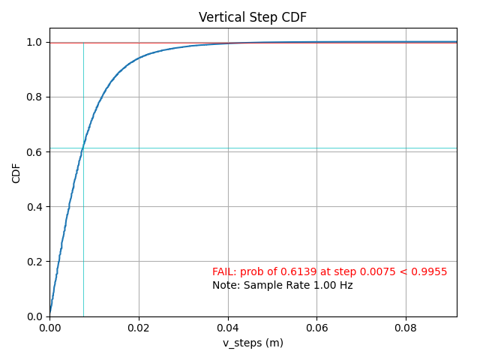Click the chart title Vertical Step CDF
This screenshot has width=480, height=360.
[x=253, y=17]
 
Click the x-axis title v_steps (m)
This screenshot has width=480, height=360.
[x=253, y=343]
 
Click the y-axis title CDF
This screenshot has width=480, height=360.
[x=16, y=172]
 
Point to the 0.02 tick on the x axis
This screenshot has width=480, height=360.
[x=139, y=328]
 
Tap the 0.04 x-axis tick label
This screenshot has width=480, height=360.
[x=228, y=328]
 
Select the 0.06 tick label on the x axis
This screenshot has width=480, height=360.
[x=316, y=328]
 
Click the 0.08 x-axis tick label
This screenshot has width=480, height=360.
[x=406, y=328]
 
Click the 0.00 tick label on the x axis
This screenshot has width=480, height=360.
[x=49, y=328]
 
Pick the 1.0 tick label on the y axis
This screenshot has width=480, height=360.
[x=34, y=43]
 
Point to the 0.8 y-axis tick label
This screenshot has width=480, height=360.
[x=34, y=97]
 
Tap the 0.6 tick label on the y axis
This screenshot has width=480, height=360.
[x=34, y=152]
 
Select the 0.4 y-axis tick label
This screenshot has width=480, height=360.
[x=34, y=207]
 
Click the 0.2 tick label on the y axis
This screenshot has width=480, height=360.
[x=34, y=262]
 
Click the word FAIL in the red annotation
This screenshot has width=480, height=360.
[x=223, y=271]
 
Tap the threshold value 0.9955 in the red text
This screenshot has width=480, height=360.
[x=431, y=271]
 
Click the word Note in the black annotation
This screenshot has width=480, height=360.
[x=223, y=285]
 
